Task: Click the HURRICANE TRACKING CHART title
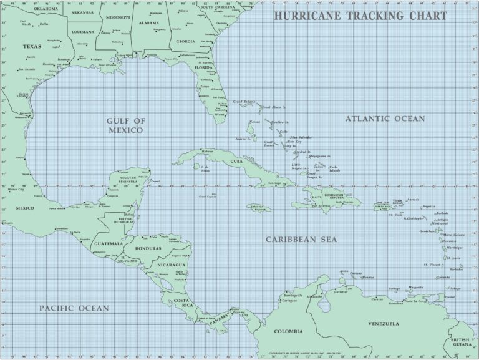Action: (360, 16)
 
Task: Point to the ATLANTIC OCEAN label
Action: (385, 119)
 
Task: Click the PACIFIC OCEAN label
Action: (74, 308)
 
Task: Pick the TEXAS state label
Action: (32, 46)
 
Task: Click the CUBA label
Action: (236, 161)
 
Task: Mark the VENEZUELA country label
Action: (384, 324)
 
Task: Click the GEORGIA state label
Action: (186, 41)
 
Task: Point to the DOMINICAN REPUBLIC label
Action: (337, 197)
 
